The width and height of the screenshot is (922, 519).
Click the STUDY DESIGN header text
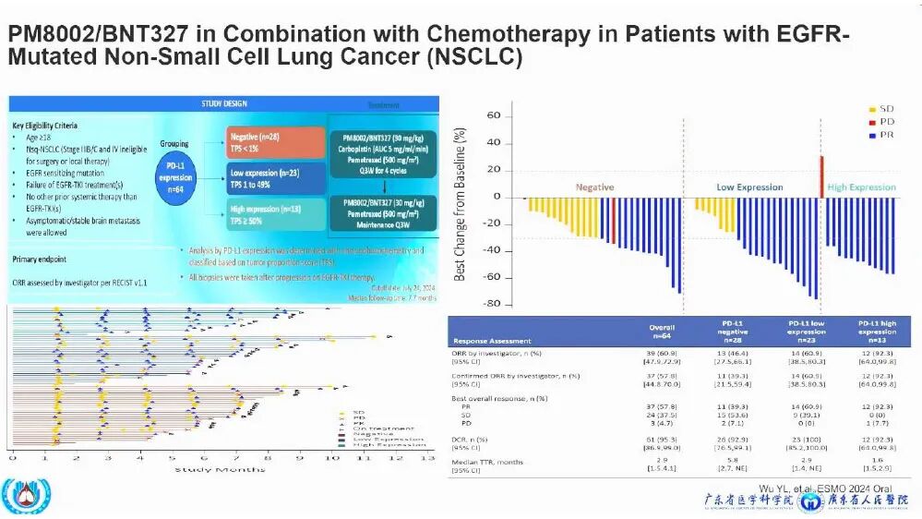[x=225, y=103]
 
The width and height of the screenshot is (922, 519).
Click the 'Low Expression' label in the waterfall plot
[x=749, y=187]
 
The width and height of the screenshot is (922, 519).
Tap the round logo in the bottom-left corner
[x=20, y=497]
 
